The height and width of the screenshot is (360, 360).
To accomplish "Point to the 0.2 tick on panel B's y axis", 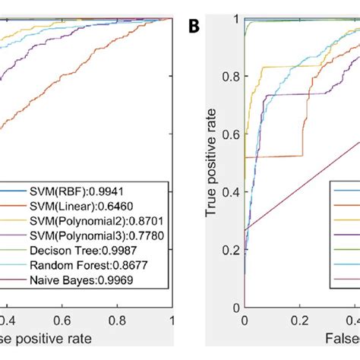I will coord(230,250).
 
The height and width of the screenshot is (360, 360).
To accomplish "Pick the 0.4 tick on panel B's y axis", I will coord(230,191).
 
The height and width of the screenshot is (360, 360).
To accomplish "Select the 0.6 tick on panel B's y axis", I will coord(230,134).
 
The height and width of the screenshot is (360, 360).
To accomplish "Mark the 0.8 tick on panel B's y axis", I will coord(230,76).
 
